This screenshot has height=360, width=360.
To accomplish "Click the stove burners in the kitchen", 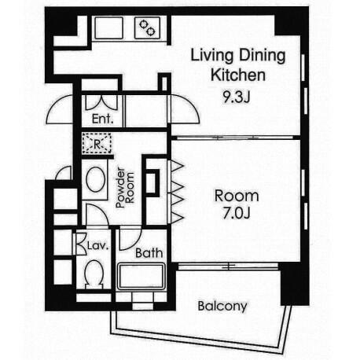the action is pos(147,28).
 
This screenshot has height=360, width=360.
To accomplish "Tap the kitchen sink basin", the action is pos(108,28).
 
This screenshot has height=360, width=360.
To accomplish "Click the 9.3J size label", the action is pos(237,97).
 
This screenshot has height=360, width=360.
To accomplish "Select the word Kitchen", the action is pos(238,75).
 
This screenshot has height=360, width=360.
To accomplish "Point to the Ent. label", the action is pos(102,119).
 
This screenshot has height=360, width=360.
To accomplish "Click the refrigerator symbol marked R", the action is pos(97,143).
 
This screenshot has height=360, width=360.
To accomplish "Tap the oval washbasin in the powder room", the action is pos(96,180).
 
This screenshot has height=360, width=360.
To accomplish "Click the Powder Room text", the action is pos(125,187).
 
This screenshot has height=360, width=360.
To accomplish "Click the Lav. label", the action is pos(97,246).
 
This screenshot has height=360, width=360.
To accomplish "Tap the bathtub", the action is pos(141,277).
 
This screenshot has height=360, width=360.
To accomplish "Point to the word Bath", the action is pos(149,253).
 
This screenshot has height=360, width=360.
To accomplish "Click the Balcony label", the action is pos(222,307).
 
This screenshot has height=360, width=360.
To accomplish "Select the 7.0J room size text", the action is pos(237,214).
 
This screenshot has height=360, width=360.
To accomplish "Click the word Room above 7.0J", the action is pos(237,196).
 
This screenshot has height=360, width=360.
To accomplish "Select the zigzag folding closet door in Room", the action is pos(177,191).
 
